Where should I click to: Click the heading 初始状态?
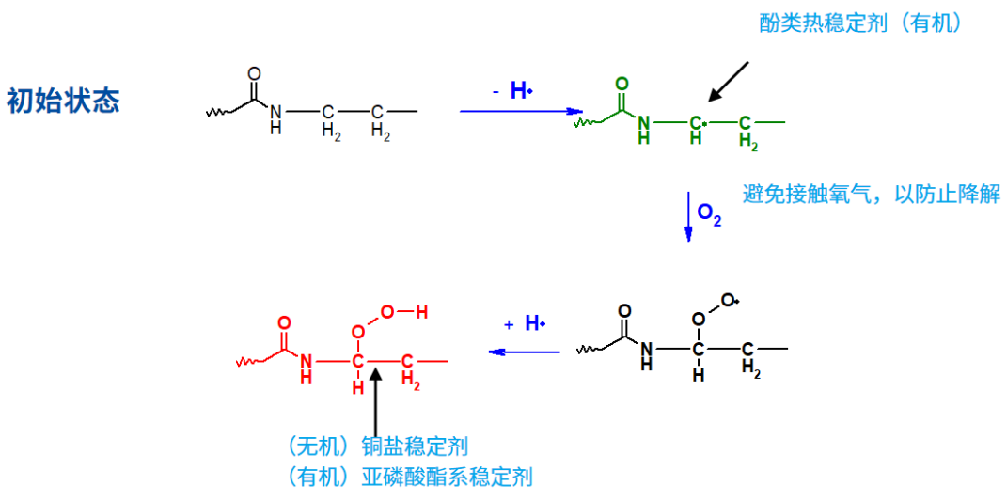(x=63, y=101)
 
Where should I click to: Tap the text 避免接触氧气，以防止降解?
(x=872, y=194)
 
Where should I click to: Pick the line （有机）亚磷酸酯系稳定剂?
(x=410, y=476)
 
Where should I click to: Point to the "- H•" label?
(x=512, y=91)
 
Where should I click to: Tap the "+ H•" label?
(x=524, y=323)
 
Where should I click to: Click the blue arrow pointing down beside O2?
(x=688, y=216)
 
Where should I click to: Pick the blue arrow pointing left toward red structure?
(x=524, y=352)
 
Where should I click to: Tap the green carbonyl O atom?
(x=621, y=84)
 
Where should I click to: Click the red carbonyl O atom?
(x=285, y=323)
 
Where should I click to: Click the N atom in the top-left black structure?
(x=275, y=113)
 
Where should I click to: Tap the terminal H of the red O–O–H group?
(x=421, y=313)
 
